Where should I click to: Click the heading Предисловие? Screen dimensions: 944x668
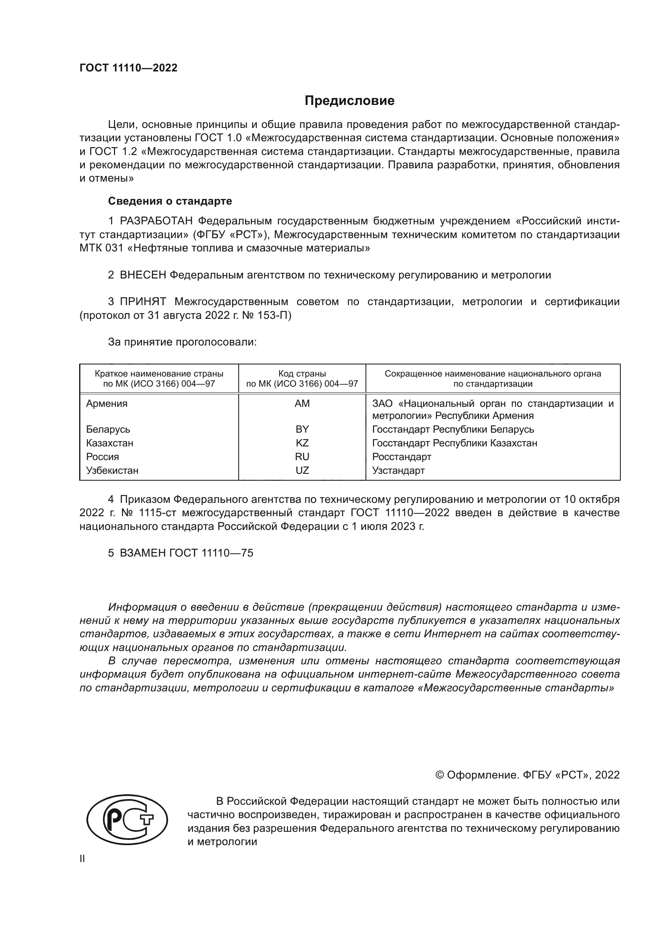click(x=349, y=101)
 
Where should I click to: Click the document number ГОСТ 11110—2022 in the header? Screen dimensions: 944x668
click(x=128, y=68)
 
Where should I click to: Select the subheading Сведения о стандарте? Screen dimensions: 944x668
click(x=170, y=201)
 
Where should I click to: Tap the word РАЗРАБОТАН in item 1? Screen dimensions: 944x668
click(x=156, y=221)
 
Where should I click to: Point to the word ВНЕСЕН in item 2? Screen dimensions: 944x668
click(x=143, y=275)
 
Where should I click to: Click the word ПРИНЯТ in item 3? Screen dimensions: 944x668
click(x=143, y=302)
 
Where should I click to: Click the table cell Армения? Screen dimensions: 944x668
click(x=107, y=403)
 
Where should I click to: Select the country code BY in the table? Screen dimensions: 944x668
click(x=302, y=429)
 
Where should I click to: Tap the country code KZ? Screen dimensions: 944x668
click(x=302, y=443)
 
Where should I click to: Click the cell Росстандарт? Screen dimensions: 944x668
click(x=401, y=457)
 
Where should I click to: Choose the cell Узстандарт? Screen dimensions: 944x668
click(x=398, y=470)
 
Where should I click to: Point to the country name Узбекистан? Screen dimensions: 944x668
click(x=112, y=470)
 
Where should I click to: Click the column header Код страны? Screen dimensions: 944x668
click(x=302, y=374)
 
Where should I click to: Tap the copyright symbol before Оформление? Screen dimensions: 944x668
click(x=439, y=775)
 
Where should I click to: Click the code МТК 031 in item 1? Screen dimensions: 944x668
click(x=101, y=248)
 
